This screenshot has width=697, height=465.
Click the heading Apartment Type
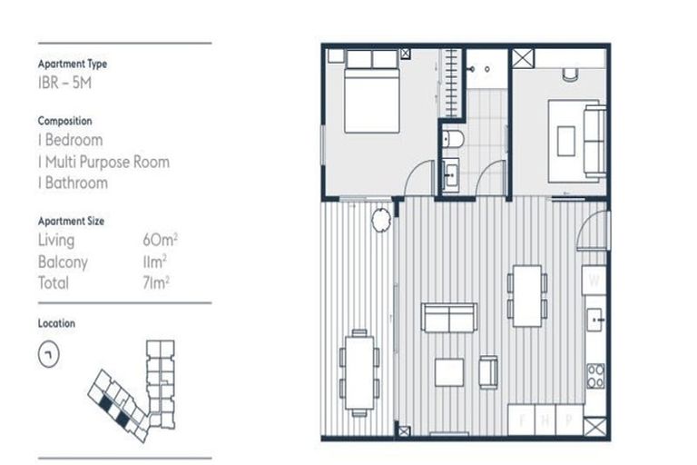click(x=72, y=64)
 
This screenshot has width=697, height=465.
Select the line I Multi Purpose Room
click(x=103, y=162)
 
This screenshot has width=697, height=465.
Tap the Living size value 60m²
click(x=159, y=241)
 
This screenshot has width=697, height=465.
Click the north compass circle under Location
click(x=49, y=356)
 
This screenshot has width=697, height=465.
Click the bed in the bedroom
click(x=373, y=92)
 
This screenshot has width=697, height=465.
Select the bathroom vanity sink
click(x=450, y=173)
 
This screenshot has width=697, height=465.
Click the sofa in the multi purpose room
click(x=594, y=141)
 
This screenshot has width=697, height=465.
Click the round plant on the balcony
click(x=381, y=218)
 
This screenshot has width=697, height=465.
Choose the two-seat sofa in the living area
click(x=448, y=318)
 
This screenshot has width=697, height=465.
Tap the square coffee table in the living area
click(x=449, y=372)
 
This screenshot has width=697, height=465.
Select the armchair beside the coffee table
click(x=488, y=370)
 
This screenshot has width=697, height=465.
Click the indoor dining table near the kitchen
click(x=527, y=293)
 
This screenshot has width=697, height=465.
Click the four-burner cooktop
click(x=595, y=375)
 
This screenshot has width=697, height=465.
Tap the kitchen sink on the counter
click(x=596, y=320)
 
